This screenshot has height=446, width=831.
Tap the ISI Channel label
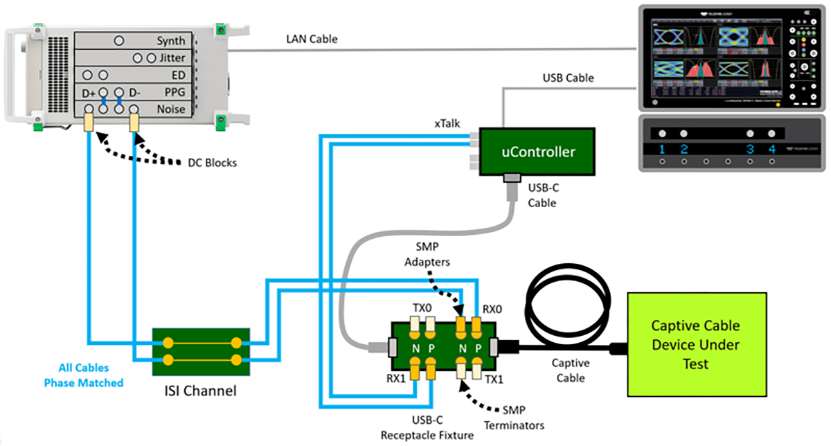(201, 391)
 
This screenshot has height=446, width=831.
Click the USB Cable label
(567, 78)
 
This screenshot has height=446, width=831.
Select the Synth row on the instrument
(170, 42)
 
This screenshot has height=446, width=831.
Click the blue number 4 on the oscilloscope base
(772, 150)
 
